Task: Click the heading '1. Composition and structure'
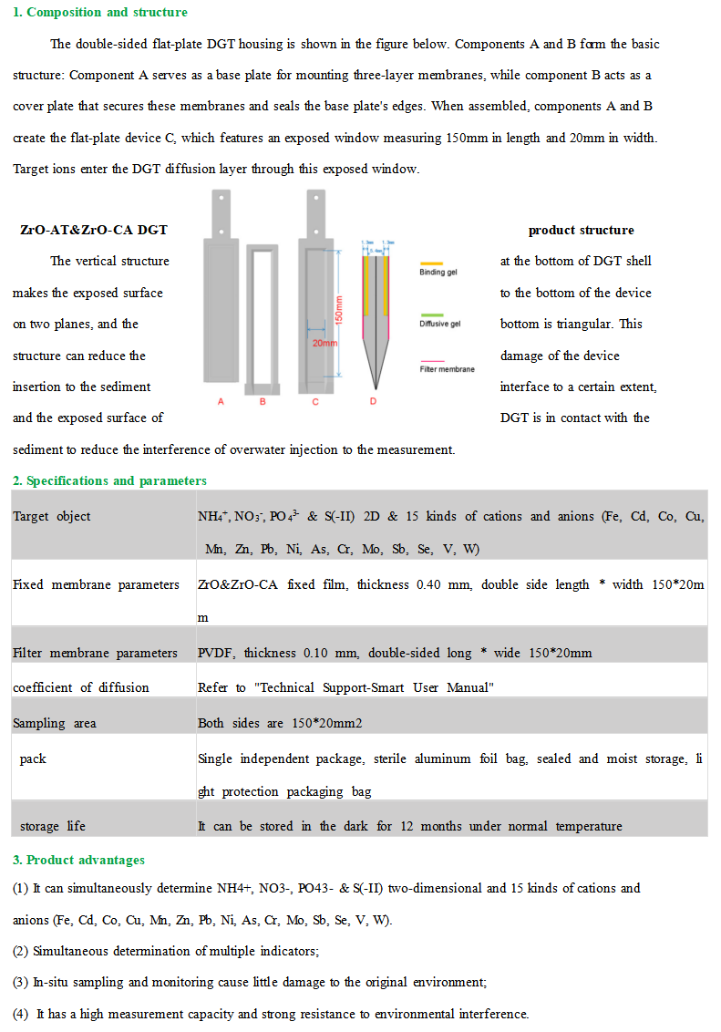(x=100, y=12)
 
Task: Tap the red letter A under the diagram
(x=221, y=401)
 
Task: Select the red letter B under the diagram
(x=263, y=401)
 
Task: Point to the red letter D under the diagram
(x=373, y=401)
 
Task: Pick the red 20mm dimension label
(x=324, y=344)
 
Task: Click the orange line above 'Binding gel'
(x=432, y=261)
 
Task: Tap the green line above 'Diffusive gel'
(x=432, y=312)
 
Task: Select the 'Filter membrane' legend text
(x=447, y=369)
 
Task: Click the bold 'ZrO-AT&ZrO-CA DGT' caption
(x=94, y=230)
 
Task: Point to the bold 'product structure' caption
(x=581, y=230)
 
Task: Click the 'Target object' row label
(x=52, y=516)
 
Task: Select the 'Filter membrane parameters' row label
(x=95, y=653)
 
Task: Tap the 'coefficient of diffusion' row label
(x=80, y=687)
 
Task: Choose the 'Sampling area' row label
(x=54, y=723)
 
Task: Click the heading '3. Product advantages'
(x=78, y=860)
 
